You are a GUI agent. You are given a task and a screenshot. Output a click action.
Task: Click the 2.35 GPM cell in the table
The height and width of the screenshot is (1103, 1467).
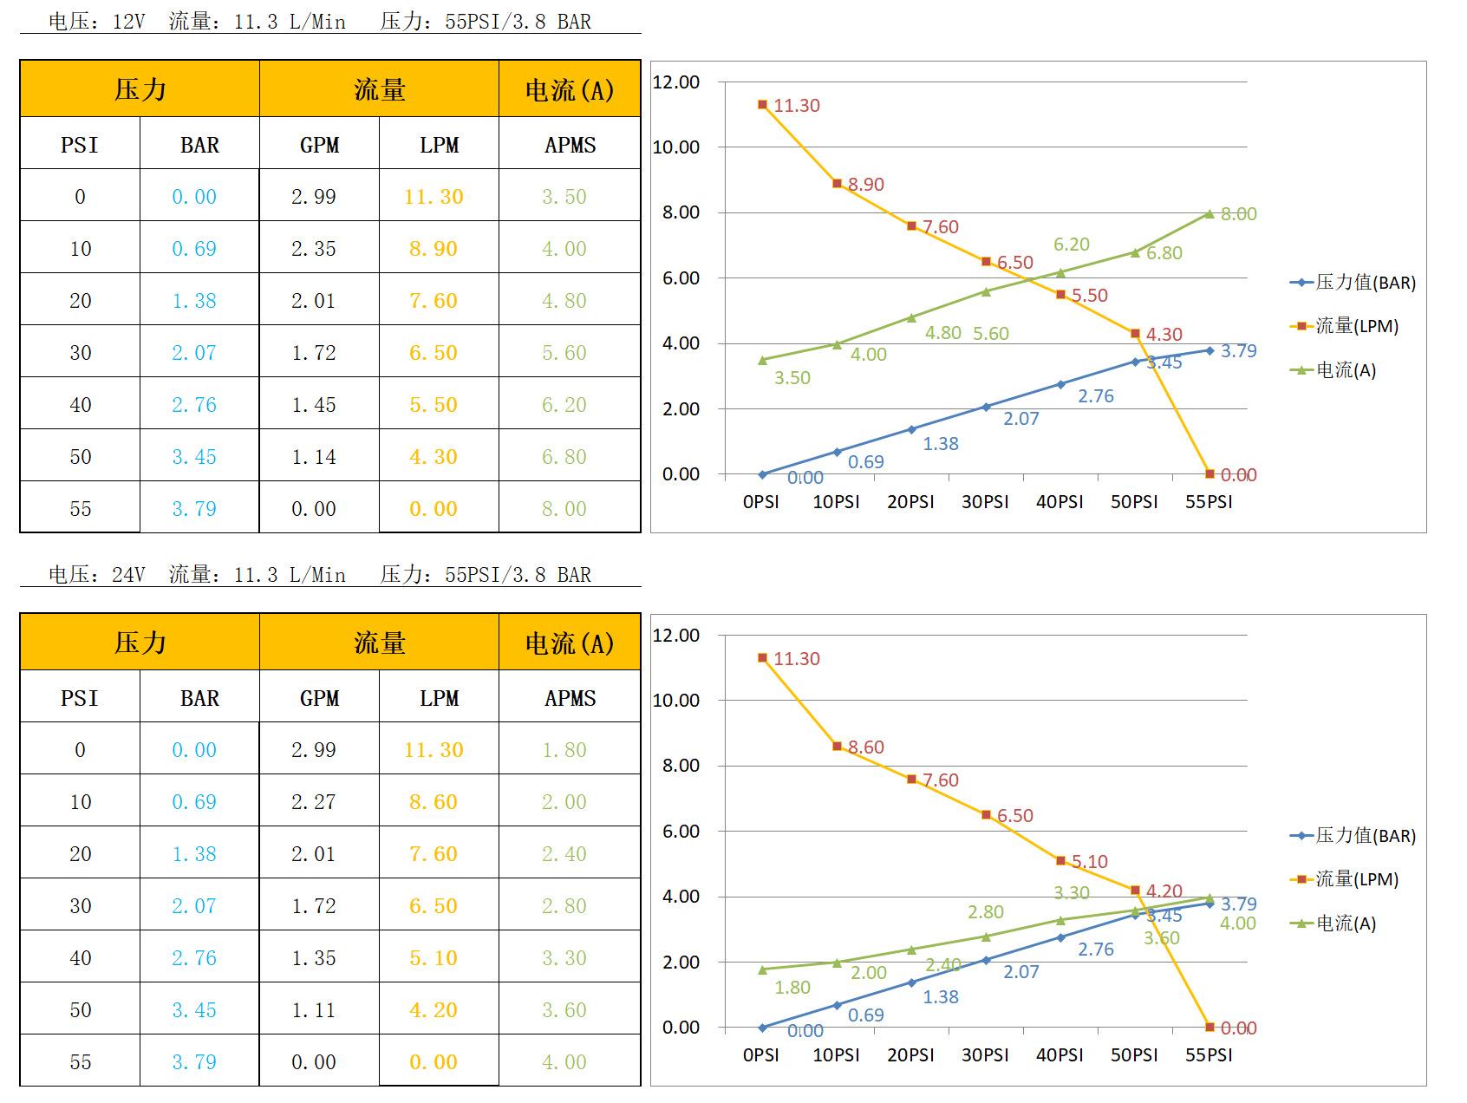[x=313, y=249]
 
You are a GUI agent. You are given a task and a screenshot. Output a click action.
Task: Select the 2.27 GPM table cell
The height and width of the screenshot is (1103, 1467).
[x=313, y=802]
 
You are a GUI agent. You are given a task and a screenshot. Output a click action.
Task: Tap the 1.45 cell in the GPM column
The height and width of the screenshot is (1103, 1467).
[x=313, y=405]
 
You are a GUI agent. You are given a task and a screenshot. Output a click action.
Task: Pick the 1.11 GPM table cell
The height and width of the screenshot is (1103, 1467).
[x=313, y=1010]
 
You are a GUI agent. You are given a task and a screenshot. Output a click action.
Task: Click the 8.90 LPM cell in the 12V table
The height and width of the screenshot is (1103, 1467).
[x=434, y=249]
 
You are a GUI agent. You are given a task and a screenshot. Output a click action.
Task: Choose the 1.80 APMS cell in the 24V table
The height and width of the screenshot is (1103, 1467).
[x=564, y=750]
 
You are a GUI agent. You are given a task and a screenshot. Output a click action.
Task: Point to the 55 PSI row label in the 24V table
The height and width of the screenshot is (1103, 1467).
[x=80, y=1062]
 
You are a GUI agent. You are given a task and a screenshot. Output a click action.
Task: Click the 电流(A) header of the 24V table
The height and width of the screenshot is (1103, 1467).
[x=570, y=643]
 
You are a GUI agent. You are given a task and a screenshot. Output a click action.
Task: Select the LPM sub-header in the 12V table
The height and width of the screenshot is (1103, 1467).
[x=439, y=145]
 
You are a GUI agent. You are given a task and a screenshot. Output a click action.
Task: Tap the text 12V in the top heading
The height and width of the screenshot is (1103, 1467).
[x=128, y=22]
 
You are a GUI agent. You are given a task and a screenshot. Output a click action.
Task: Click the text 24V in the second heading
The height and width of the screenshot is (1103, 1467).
[x=128, y=575]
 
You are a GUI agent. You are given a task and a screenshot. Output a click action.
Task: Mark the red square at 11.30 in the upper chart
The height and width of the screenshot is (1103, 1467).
[x=762, y=105]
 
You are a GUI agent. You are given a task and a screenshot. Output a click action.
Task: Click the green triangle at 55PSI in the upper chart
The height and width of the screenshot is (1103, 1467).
[x=1209, y=213]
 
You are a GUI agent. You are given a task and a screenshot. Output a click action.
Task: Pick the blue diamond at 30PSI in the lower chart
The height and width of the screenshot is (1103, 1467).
[x=986, y=960]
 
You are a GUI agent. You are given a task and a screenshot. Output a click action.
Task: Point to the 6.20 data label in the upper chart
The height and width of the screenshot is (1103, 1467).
[x=1071, y=245]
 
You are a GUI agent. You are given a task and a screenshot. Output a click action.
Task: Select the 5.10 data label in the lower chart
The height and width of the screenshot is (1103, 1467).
[x=1089, y=862]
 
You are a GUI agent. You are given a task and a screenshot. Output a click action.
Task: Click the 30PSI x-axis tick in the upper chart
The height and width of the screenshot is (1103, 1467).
[x=985, y=502]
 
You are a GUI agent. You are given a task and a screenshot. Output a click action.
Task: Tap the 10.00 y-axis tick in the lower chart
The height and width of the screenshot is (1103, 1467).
[x=675, y=701]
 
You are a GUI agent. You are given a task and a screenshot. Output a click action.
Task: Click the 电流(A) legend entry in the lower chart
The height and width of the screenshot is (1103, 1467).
[x=1345, y=924]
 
